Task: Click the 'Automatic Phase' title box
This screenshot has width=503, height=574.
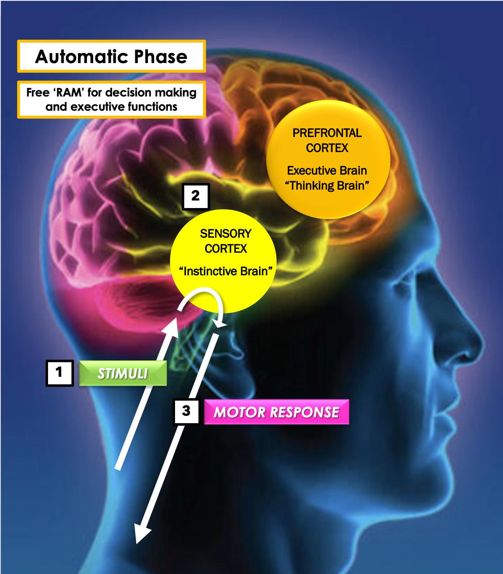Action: click(x=111, y=56)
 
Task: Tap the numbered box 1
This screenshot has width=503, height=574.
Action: click(x=59, y=372)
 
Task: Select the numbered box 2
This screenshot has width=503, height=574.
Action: click(x=196, y=196)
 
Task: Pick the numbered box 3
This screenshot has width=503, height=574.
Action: click(x=186, y=411)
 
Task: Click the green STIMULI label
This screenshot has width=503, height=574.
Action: click(x=123, y=373)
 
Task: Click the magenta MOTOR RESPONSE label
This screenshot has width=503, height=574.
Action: click(x=276, y=412)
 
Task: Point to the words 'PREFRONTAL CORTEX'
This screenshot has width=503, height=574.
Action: click(x=327, y=141)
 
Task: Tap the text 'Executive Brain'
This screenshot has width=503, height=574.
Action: click(x=327, y=170)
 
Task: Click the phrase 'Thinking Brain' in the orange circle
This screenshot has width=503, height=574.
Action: click(x=327, y=185)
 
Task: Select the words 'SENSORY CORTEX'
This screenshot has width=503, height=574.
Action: click(x=226, y=241)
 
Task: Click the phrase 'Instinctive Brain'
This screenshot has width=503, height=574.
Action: click(x=226, y=272)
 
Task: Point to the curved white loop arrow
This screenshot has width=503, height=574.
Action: click(x=201, y=297)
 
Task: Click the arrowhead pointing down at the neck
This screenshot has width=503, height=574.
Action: click(x=141, y=535)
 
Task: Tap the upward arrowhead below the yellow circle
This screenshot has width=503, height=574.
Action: click(x=172, y=328)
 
